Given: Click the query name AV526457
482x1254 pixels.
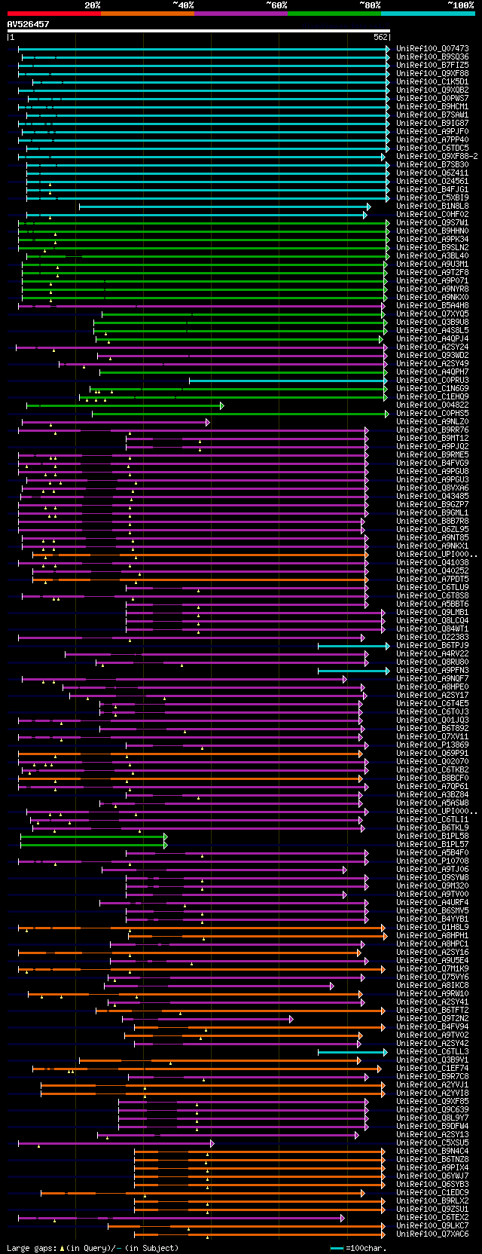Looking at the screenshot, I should pos(29,24).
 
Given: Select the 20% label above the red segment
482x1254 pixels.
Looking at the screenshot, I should pos(92,5).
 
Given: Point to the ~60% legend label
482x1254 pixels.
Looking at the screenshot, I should pos(276,5).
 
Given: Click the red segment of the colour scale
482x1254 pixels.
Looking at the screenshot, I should pos(53,13).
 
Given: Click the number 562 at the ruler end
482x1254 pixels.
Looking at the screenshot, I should pos(380,37).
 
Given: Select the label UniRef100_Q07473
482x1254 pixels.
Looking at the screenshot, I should pos(432,49).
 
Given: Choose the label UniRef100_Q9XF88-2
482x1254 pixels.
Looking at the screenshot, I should pos(437,156).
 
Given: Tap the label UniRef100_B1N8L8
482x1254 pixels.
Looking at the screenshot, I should pos(432,206).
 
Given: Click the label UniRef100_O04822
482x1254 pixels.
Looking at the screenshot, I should pos(432,405).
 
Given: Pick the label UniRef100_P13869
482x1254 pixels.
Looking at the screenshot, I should pos(432,745).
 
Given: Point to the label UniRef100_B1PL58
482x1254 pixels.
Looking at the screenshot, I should pos(432,836).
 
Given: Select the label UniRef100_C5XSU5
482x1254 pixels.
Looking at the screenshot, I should pos(432,1142).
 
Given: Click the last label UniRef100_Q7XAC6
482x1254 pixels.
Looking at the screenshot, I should pos(432,1234).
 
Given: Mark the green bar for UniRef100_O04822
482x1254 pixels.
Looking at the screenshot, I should pos(124,405).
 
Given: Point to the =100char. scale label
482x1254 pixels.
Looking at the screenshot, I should pos(368,1248).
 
